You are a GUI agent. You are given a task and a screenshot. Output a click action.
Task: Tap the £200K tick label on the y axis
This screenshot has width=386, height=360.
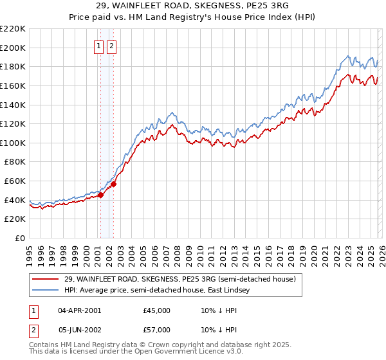pos(13,48)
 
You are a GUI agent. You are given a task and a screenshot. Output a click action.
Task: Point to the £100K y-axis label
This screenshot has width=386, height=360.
pos(13,143)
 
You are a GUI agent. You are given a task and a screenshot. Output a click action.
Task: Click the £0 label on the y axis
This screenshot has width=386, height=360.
pos(21,238)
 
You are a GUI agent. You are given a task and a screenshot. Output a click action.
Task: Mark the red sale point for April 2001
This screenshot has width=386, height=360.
pos(100,195)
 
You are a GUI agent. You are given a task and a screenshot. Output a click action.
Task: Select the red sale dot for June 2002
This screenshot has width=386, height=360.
pos(114,184)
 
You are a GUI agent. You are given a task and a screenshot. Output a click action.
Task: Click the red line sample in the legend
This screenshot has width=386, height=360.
pos(46,280)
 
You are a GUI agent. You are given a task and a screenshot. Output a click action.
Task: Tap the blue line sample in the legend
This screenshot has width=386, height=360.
pos(46,291)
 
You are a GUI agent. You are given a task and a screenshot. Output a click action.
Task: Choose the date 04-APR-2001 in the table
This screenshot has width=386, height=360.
pos(79,310)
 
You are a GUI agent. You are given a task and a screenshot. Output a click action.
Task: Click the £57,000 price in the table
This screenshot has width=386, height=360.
pos(157,331)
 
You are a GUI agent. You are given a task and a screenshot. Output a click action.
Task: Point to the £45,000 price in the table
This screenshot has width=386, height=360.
pos(157,310)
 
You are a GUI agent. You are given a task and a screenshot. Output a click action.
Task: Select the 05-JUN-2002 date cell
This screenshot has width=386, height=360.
pos(79,331)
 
